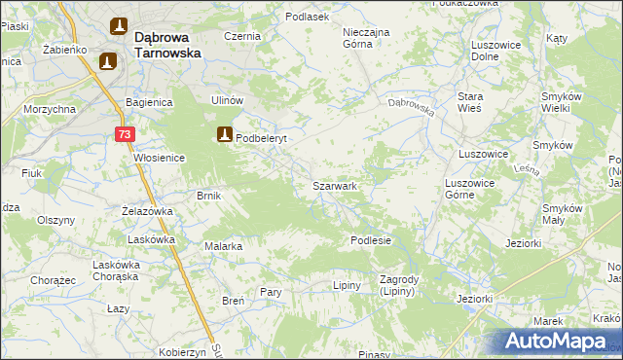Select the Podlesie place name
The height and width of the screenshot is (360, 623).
point(371,240)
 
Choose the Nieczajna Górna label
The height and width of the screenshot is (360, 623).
point(366,37)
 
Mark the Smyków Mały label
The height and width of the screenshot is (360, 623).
point(562,214)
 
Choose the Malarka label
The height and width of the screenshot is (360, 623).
point(223,246)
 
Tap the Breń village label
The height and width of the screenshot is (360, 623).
point(233,301)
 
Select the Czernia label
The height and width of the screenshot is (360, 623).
point(242,36)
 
